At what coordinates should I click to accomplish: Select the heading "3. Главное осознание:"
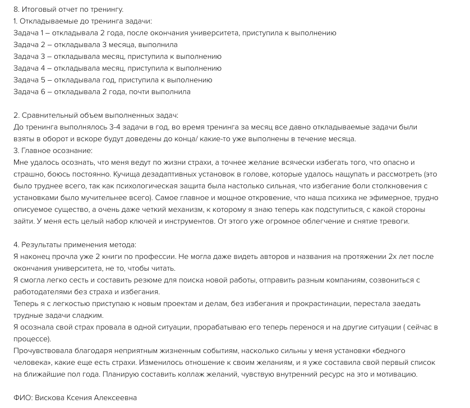53,151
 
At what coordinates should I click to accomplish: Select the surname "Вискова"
52,398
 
